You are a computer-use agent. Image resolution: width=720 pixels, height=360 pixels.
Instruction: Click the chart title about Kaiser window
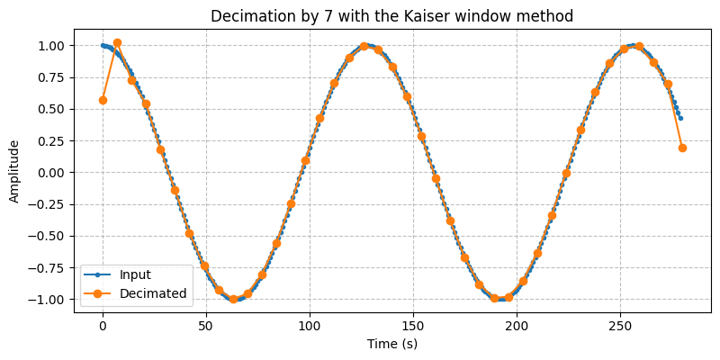(x=391, y=15)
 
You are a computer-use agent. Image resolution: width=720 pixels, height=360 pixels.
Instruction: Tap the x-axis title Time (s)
(x=391, y=343)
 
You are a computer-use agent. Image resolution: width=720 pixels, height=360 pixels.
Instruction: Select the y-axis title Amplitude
(x=14, y=172)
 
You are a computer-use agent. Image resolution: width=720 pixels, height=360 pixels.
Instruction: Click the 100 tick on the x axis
(x=310, y=324)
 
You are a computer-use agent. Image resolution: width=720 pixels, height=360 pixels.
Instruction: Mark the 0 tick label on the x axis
(x=103, y=324)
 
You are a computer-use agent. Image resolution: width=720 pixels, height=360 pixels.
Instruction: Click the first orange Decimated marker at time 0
(x=103, y=100)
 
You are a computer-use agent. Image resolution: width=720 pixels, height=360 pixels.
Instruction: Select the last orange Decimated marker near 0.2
(x=682, y=148)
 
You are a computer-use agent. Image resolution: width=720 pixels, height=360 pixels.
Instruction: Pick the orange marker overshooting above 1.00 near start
(x=117, y=42)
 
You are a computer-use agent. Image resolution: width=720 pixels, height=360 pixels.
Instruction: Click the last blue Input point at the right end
(x=680, y=118)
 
